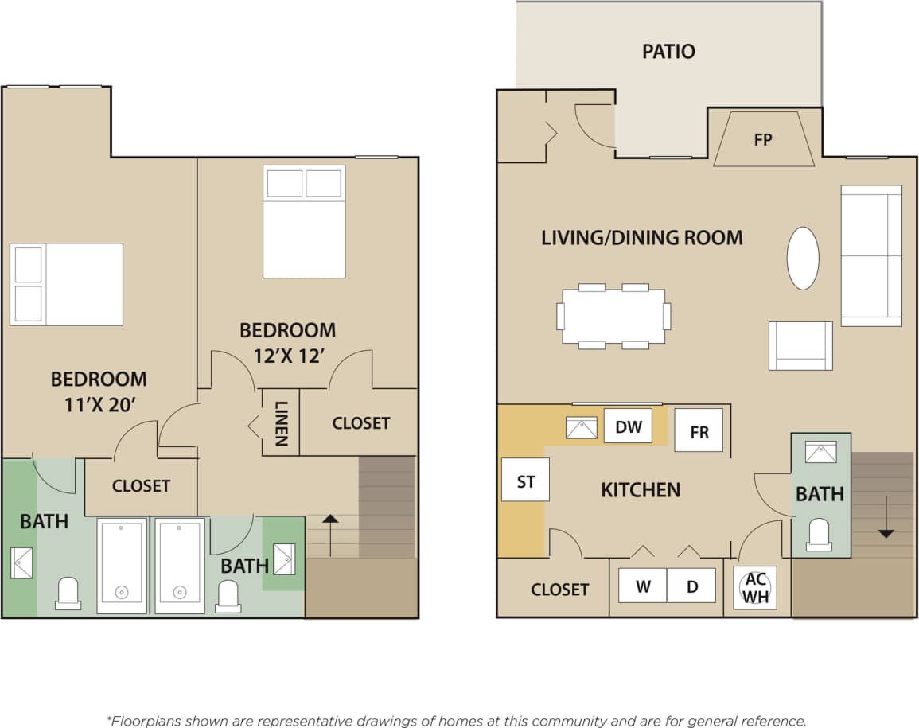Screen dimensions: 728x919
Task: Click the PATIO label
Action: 668,52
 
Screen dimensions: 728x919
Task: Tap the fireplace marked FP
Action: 763,139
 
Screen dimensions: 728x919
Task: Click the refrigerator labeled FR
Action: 699,430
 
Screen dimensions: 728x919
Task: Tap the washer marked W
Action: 643,586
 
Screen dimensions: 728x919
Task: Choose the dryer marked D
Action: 691,586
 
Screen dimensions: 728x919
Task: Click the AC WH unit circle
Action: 755,589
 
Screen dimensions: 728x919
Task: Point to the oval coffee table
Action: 803,259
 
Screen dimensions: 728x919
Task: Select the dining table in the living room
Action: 613,316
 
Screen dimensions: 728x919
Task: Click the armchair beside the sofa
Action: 800,345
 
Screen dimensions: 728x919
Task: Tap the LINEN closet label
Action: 280,422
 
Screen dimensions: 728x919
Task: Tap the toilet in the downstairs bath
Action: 819,535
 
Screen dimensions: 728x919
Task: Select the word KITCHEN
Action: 641,489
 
